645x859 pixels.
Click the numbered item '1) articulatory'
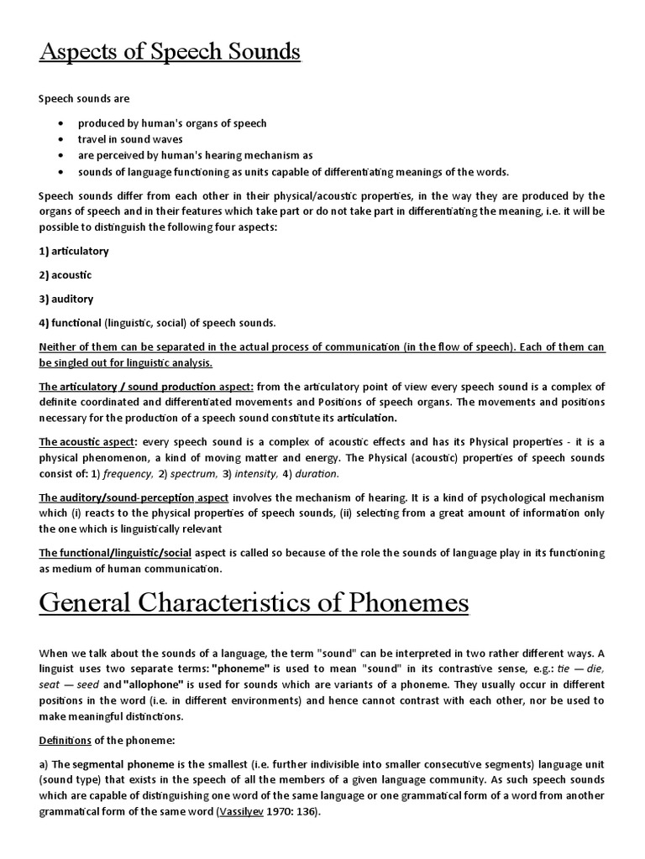coord(74,251)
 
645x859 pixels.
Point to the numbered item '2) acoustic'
coord(66,275)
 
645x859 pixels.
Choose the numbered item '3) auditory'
coord(66,299)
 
